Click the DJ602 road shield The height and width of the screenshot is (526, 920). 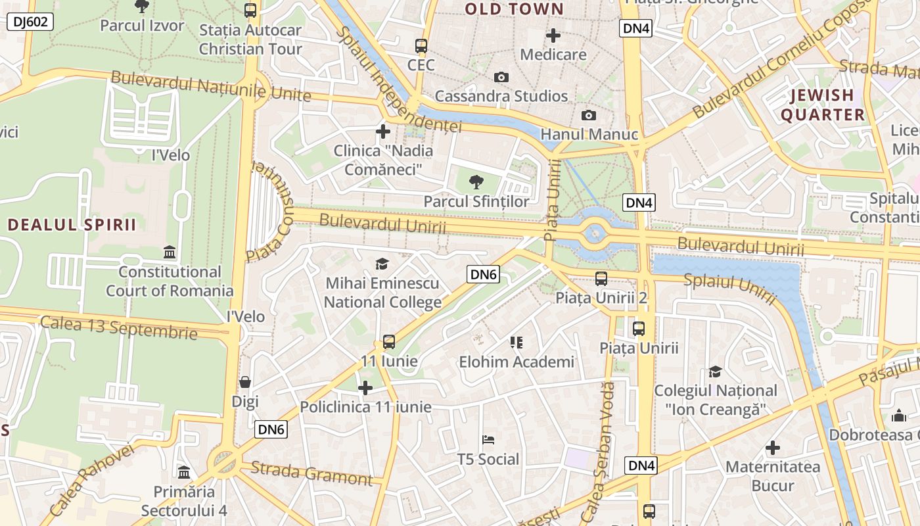[x=30, y=22]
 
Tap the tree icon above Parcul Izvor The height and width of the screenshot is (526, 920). [x=141, y=6]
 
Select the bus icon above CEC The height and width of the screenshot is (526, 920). [x=421, y=46]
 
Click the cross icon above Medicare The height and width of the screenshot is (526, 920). [x=553, y=35]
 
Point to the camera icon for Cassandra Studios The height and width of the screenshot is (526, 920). [x=501, y=78]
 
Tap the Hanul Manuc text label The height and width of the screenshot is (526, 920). [x=589, y=135]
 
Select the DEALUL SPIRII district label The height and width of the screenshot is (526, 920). [x=72, y=225]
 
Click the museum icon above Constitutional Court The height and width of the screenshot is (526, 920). [x=170, y=252]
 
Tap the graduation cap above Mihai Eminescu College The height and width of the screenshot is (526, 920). [x=382, y=264]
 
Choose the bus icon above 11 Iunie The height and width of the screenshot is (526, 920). [x=389, y=342]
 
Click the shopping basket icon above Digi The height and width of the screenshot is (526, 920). [x=245, y=382]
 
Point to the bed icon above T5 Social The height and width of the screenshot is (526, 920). [x=488, y=440]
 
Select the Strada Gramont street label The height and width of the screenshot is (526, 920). [x=311, y=473]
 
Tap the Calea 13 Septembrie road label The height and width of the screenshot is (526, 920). [x=118, y=327]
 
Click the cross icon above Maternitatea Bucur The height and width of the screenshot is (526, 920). [x=773, y=448]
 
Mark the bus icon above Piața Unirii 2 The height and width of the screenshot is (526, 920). [x=601, y=279]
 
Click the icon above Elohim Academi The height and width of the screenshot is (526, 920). [x=517, y=343]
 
